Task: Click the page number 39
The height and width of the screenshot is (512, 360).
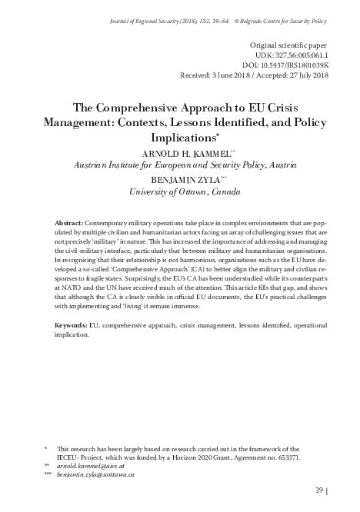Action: (320, 490)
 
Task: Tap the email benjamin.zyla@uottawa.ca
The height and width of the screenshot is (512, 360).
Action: (95, 476)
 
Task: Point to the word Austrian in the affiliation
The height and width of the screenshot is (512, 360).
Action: (90, 165)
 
